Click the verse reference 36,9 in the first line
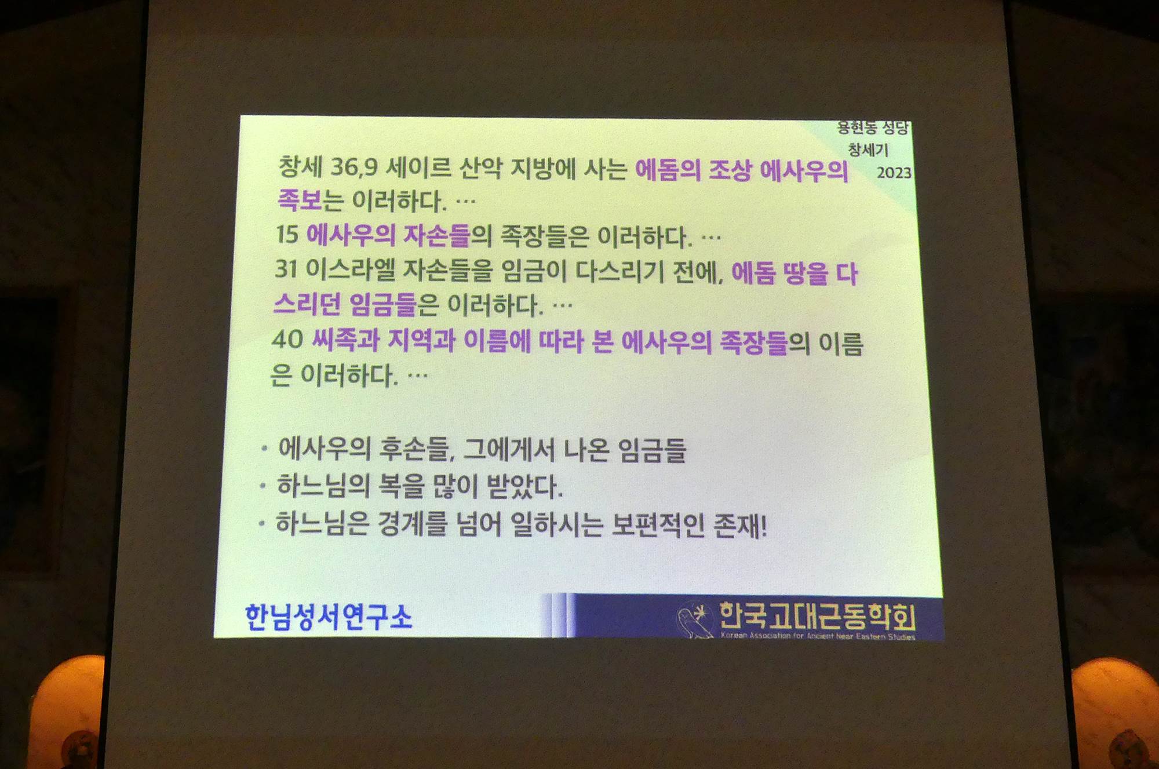click(354, 167)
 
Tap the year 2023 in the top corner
click(894, 173)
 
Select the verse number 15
click(287, 234)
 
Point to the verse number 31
click(286, 268)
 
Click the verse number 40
click(287, 339)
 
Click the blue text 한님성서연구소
click(329, 617)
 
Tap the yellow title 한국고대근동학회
click(817, 616)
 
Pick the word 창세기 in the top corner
click(868, 150)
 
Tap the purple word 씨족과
click(345, 340)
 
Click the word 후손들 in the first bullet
click(417, 449)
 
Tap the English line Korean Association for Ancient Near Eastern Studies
click(818, 636)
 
